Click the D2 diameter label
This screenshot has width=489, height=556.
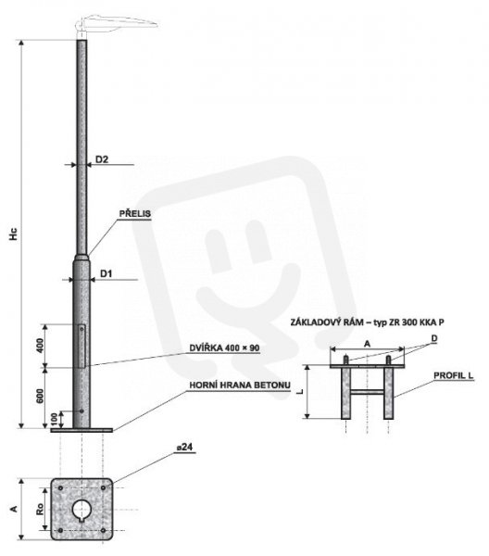[x=102, y=159]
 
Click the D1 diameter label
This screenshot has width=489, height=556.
[x=106, y=273]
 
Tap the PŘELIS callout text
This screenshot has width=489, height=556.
[x=135, y=214]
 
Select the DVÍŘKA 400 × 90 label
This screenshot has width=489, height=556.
[x=224, y=348]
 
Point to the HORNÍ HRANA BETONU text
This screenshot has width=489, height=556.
[x=240, y=385]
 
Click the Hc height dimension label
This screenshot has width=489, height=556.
[x=14, y=234]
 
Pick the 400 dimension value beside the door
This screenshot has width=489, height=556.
[x=40, y=346]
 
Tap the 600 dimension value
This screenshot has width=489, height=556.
[x=40, y=396]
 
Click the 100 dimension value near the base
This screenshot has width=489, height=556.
[x=54, y=420]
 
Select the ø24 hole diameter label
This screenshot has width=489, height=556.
[x=184, y=448]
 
